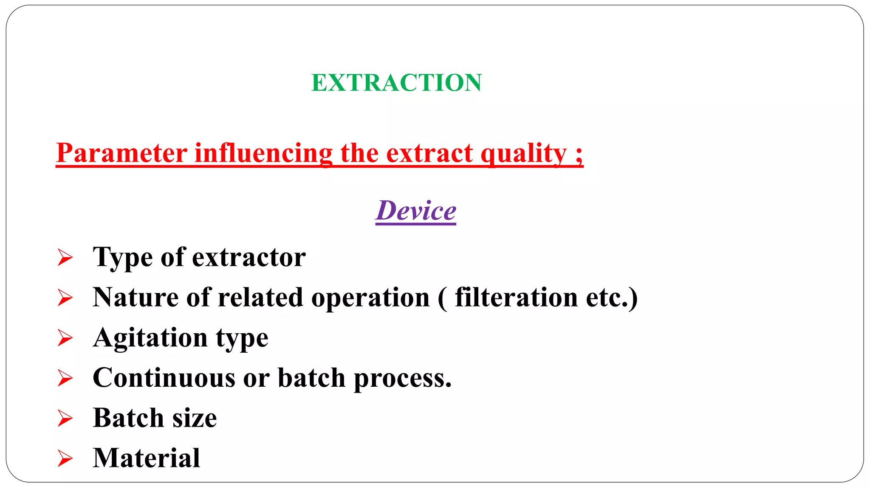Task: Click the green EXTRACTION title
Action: (396, 83)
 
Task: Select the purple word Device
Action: (416, 211)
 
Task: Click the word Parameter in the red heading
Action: (122, 153)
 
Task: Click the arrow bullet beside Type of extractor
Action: (65, 258)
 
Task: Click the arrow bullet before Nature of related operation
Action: (65, 298)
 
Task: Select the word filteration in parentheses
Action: (516, 297)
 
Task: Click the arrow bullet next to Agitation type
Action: (65, 338)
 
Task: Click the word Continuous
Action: (164, 378)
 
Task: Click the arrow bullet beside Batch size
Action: (65, 418)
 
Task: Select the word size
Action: (195, 418)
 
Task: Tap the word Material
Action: (147, 458)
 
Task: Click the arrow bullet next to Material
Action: (65, 458)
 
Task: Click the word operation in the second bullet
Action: (370, 298)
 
